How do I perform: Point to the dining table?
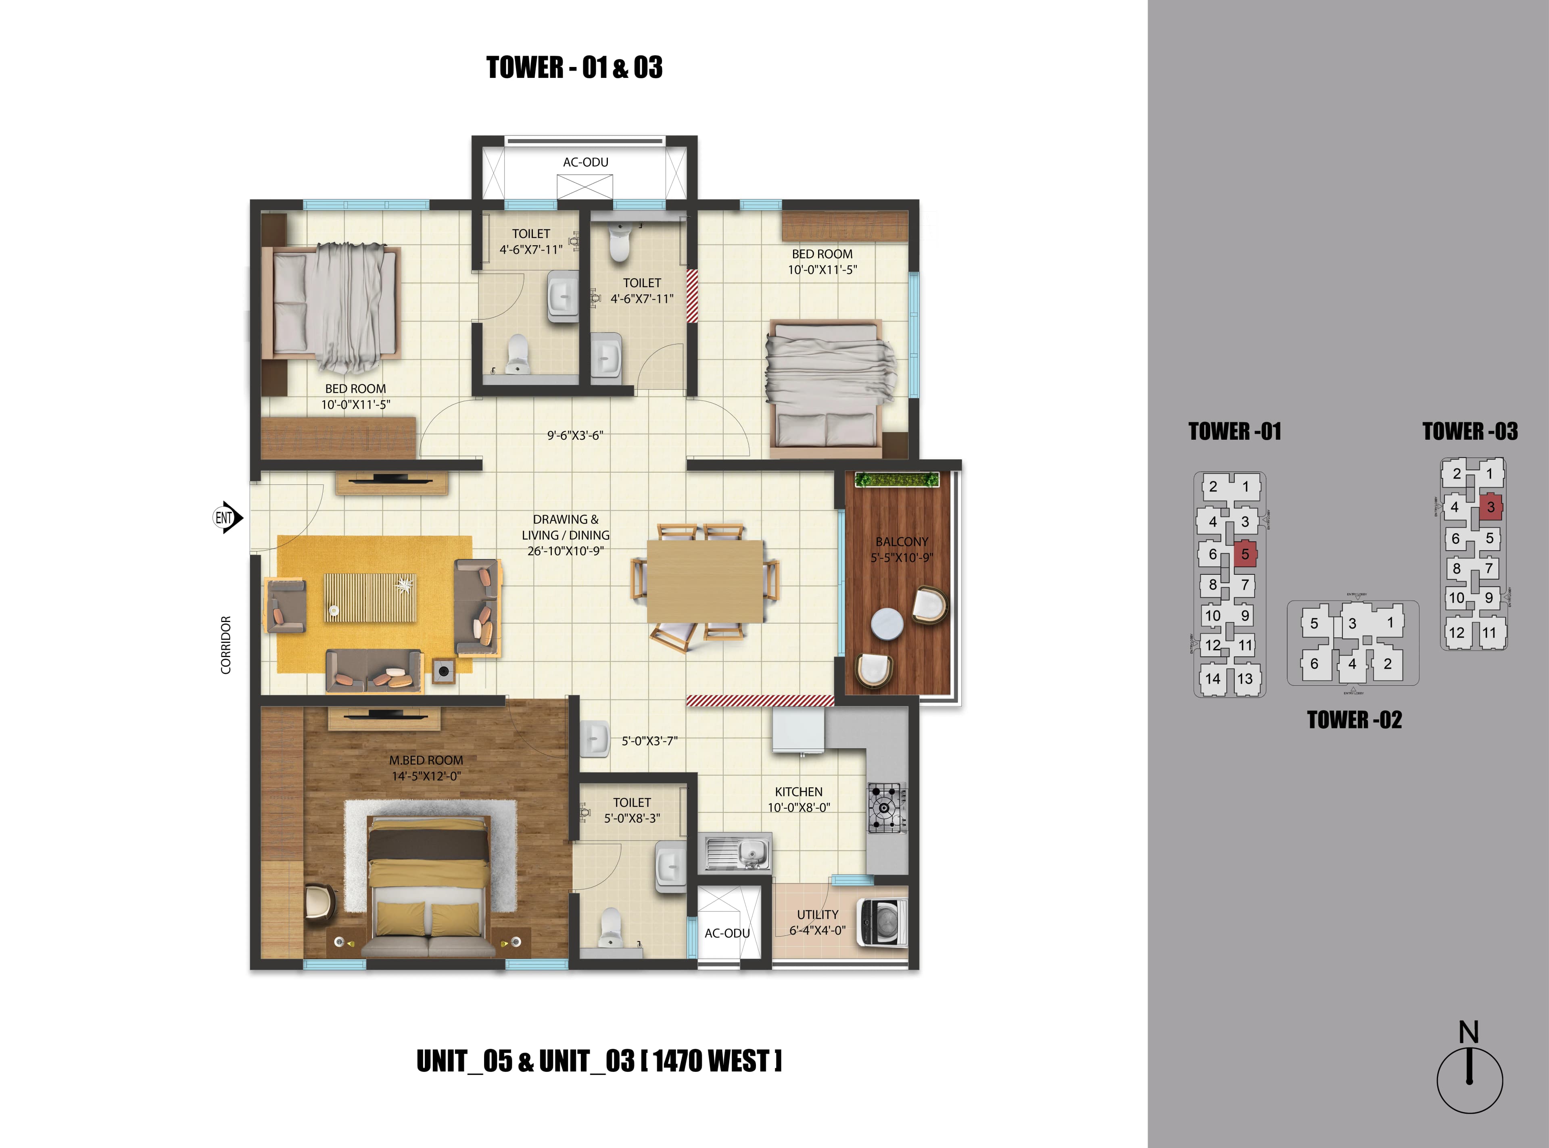point(705,581)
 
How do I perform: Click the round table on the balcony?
point(887,623)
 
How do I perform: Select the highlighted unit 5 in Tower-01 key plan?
point(1244,554)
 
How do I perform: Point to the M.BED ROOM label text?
point(426,760)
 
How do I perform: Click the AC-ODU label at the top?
point(585,162)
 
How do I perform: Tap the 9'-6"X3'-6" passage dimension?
point(575,436)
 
